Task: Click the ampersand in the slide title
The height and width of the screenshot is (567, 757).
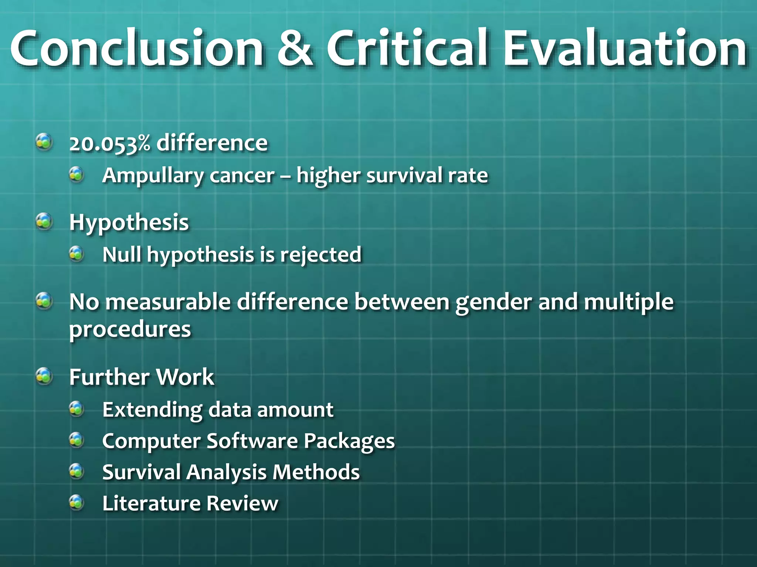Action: (x=295, y=49)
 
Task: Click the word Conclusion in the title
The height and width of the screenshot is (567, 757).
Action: (x=137, y=49)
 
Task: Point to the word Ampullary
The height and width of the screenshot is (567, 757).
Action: (x=152, y=176)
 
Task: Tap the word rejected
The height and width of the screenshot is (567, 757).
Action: (x=320, y=255)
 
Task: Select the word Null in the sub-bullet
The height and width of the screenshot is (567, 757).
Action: (x=122, y=254)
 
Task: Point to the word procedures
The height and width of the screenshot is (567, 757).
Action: (x=130, y=330)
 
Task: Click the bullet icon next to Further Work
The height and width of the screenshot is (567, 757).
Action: (x=44, y=376)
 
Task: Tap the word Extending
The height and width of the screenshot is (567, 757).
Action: (x=152, y=410)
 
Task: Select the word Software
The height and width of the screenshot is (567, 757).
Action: (x=252, y=441)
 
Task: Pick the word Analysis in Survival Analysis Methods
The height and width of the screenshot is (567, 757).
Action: (x=226, y=473)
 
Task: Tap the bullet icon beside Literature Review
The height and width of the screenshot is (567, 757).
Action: (x=77, y=502)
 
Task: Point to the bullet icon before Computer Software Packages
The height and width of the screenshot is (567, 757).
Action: (x=77, y=440)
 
